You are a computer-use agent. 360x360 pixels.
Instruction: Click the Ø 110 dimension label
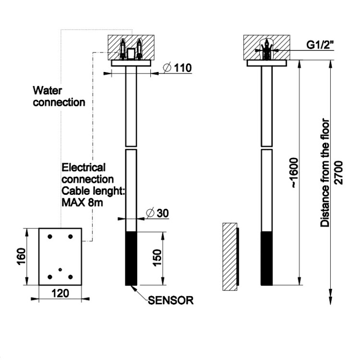point(177,68)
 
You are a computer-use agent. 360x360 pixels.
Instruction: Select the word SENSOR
point(170,301)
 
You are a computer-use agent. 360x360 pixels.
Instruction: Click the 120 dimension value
point(60,292)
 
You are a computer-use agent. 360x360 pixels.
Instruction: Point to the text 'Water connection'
point(59,96)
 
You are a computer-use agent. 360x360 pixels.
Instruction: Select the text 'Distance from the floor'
point(325,173)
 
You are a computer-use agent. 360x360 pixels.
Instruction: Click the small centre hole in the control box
point(60,270)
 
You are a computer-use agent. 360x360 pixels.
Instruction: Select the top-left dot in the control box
point(50,237)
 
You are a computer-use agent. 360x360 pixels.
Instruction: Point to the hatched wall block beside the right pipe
point(229,257)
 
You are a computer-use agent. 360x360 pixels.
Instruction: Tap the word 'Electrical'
point(84,168)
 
